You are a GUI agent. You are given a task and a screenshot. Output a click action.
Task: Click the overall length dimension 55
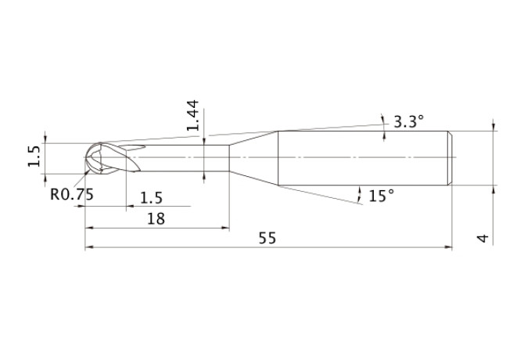(x=267, y=238)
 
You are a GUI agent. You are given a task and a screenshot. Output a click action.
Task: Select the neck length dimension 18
(x=156, y=219)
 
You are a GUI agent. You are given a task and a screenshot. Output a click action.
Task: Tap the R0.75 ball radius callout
(x=72, y=194)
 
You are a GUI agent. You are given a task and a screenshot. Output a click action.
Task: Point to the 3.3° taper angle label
(x=409, y=121)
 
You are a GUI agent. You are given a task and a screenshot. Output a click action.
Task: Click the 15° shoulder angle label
(x=382, y=196)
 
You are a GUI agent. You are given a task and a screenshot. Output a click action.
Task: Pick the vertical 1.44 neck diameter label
(x=193, y=115)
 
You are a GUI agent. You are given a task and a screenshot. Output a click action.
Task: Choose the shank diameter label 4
(x=483, y=239)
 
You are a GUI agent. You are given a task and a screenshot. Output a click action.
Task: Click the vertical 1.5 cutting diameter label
(x=34, y=156)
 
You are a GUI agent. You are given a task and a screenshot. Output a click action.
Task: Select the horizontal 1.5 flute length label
(x=151, y=198)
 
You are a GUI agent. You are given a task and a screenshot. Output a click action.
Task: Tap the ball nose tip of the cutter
(x=85, y=157)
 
